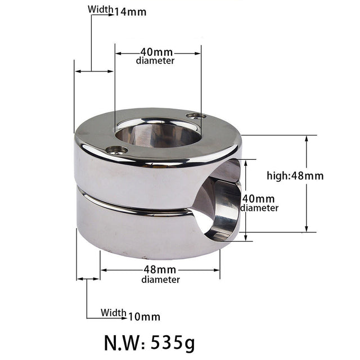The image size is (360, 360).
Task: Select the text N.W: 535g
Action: [x=150, y=341]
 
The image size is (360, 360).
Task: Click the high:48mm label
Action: [x=295, y=175]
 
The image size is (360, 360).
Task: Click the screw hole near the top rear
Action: [x=195, y=115]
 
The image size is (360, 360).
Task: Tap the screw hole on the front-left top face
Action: [x=117, y=150]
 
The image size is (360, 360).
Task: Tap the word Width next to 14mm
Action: [x=100, y=10]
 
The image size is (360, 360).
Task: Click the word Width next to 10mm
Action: [x=114, y=313]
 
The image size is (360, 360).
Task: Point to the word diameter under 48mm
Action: [x=161, y=280]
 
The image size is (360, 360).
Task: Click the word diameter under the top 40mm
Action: [x=155, y=61]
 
